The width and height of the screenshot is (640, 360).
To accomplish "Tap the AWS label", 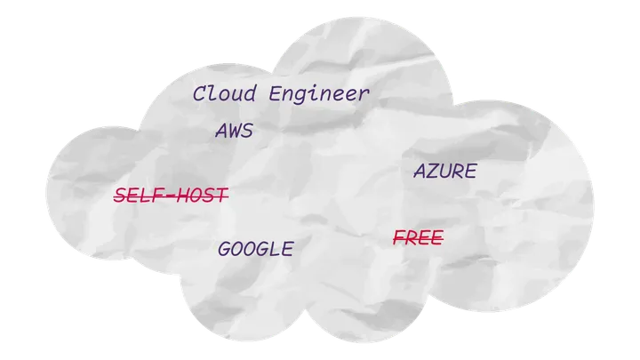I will point(234,132).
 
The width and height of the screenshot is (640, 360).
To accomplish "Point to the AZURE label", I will point(444,172).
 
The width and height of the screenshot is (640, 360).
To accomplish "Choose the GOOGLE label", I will point(255,249).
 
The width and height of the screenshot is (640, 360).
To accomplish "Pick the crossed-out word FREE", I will point(418,238).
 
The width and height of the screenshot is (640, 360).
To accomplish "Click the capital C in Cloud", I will point(199,93).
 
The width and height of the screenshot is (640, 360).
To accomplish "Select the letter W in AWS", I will point(234,132).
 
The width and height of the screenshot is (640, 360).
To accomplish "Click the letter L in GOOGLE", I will point(275,249).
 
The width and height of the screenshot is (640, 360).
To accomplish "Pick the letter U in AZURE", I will point(444,172).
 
